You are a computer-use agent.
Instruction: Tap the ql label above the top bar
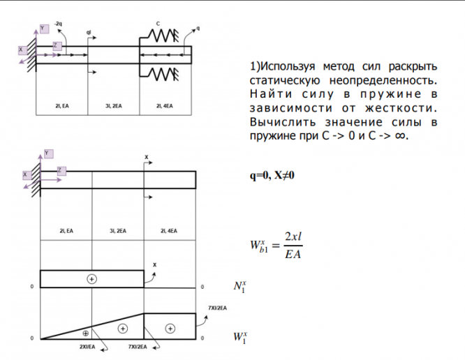tap(89, 32)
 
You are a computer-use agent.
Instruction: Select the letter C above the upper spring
tap(158, 24)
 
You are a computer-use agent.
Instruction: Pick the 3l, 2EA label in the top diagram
tap(114, 106)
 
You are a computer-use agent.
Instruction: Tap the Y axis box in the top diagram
tap(44, 28)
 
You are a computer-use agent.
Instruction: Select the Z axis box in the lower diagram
tap(60, 170)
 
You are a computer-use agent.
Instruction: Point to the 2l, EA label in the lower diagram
tap(66, 230)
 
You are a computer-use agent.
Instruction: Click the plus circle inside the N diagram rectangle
tap(91, 278)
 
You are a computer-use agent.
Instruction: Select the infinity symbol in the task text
tap(399, 135)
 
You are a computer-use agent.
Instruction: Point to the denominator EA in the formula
tap(293, 254)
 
